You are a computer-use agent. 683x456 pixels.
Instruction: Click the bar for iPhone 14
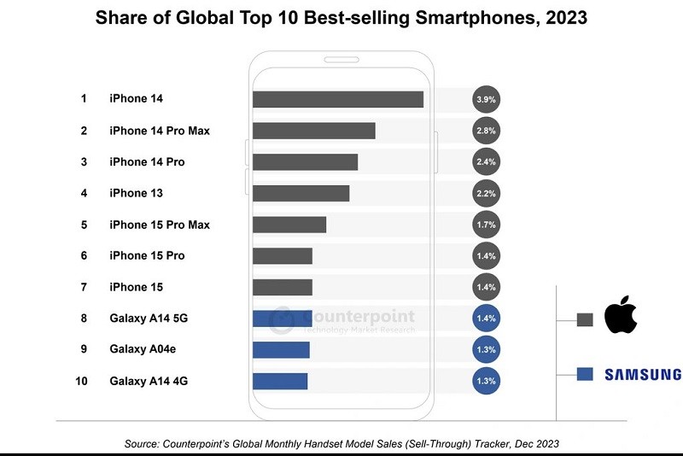point(338,99)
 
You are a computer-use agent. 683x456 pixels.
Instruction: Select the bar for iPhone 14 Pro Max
point(314,131)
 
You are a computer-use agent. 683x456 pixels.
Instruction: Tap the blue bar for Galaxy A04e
point(281,349)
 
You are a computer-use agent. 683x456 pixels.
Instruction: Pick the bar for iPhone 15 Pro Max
point(289,225)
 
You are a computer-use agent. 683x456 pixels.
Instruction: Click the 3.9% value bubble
point(486,99)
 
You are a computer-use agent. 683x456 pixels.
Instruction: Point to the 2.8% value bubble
point(486,131)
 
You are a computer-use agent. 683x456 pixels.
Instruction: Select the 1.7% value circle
point(486,225)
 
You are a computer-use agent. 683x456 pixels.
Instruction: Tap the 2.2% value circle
point(486,193)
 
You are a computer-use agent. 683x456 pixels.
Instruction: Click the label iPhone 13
point(136,193)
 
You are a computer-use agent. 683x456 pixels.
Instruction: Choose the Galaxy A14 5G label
point(149,318)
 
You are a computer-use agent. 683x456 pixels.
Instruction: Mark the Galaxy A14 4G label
point(149,381)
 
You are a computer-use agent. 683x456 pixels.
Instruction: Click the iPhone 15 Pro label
point(147,255)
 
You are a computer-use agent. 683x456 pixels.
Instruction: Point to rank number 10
point(82,381)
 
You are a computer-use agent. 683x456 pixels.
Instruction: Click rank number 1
point(84,99)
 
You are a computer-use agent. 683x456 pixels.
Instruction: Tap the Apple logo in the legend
point(622,317)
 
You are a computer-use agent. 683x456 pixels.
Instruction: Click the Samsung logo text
point(642,374)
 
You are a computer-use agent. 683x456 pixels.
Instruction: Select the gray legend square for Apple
point(585,320)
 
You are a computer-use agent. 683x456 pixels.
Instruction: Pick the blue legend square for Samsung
point(585,374)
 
